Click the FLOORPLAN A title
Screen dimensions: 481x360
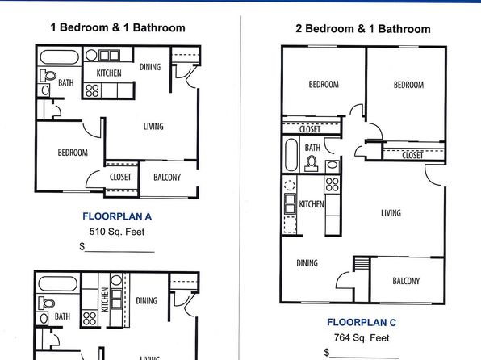click(117, 216)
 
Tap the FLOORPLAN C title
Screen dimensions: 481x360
click(362, 322)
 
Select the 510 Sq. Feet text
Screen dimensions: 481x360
click(117, 232)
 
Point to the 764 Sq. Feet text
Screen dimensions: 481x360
click(362, 338)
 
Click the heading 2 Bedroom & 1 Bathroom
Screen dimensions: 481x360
click(363, 29)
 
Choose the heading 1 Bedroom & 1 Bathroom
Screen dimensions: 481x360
click(118, 27)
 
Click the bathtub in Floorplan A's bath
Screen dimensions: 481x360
click(60, 57)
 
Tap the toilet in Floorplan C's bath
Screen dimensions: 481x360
click(312, 164)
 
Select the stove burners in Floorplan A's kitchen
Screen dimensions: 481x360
click(92, 90)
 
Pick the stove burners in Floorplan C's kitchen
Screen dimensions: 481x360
click(332, 185)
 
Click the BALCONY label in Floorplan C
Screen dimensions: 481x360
click(406, 281)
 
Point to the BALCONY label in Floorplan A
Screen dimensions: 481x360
click(167, 177)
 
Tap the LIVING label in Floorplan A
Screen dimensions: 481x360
click(153, 126)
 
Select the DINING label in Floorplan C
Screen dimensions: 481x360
click(307, 263)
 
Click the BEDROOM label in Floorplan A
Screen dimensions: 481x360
click(73, 153)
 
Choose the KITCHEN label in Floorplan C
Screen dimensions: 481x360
click(312, 204)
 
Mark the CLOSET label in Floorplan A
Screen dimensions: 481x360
click(120, 177)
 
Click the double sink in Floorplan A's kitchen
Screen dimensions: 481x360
click(109, 55)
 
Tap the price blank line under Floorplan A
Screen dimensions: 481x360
click(119, 252)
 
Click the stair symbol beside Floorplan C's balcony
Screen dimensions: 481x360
click(362, 264)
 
